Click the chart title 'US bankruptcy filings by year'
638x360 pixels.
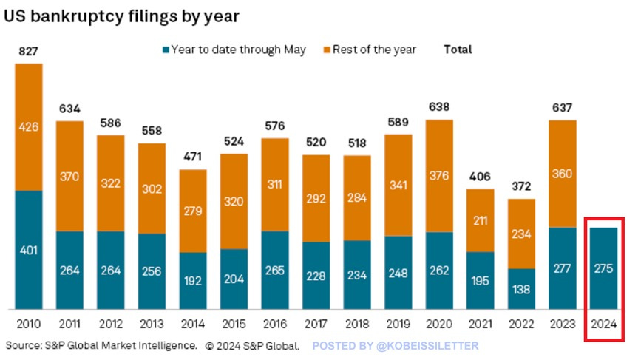click(122, 16)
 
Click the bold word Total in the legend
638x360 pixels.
click(458, 50)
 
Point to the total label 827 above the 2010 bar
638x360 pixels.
click(28, 52)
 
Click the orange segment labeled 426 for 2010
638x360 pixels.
click(29, 127)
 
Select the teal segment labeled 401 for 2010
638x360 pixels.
click(29, 250)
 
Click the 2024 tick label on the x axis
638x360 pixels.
click(604, 325)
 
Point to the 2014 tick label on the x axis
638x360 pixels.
click(194, 325)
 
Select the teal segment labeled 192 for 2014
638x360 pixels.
click(194, 280)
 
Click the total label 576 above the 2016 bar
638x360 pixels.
click(275, 126)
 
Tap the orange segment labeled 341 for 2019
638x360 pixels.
click(398, 185)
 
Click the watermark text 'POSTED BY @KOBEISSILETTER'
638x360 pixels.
click(396, 345)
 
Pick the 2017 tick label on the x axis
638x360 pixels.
click(316, 325)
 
